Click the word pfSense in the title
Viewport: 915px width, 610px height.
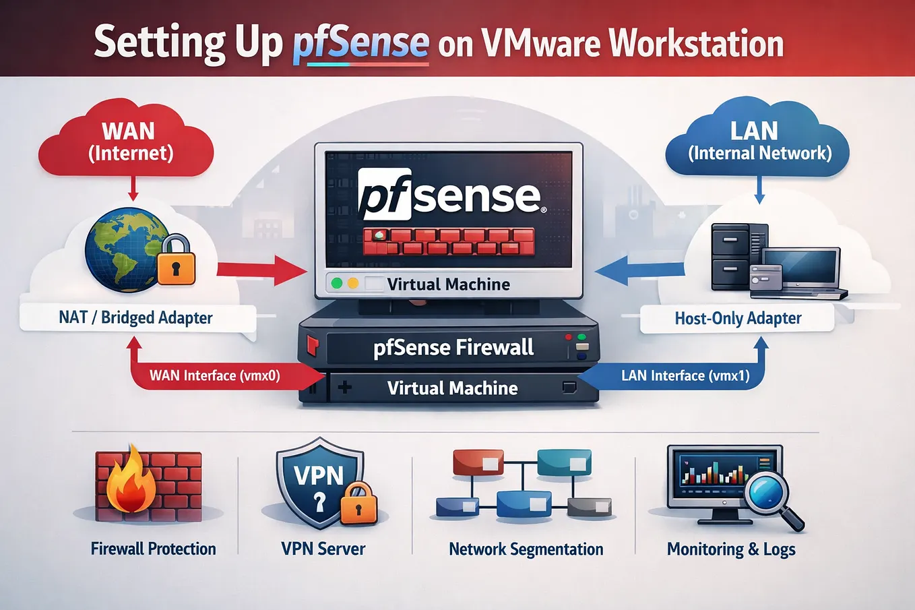coord(361,44)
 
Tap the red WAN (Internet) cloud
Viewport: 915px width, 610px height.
coord(126,140)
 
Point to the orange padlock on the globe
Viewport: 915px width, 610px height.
coord(177,260)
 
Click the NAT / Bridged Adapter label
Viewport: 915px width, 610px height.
coord(135,317)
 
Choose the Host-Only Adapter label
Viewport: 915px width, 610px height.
coord(738,318)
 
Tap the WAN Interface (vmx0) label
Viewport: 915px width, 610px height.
coord(215,375)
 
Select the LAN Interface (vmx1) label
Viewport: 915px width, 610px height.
coord(685,375)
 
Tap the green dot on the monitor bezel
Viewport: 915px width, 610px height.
coord(337,283)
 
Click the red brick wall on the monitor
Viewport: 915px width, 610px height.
coord(449,241)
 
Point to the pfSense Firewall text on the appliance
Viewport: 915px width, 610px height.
coord(453,347)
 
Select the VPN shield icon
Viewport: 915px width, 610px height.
coord(320,483)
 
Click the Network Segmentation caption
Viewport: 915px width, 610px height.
coord(526,549)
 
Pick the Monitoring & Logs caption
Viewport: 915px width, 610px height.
coord(731,549)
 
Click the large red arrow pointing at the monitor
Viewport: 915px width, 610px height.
coord(262,270)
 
